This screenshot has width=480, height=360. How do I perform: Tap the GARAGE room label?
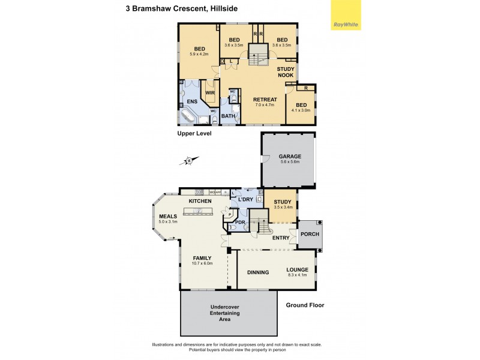point(290,157)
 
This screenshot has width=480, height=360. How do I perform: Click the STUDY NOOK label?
point(286,72)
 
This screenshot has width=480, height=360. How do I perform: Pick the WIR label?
point(210,93)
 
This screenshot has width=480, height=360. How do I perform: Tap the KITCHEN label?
point(200,200)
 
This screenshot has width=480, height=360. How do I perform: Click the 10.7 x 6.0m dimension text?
point(202,263)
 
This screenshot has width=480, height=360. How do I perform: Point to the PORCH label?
point(310,235)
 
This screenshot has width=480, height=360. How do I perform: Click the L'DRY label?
point(245,199)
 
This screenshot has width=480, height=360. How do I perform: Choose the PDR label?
point(239,223)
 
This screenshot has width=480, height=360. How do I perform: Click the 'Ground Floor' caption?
point(305,305)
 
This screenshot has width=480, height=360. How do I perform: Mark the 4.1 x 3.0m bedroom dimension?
point(301,110)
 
